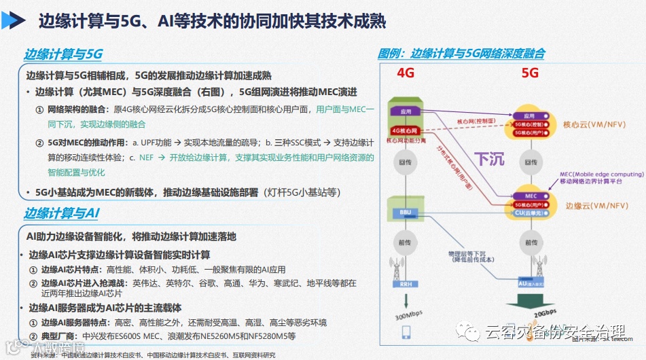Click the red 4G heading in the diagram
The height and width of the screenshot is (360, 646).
(x=406, y=73)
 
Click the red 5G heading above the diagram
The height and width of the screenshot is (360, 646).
(x=530, y=73)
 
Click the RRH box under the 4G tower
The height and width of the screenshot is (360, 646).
(x=406, y=285)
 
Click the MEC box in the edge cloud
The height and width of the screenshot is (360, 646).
(x=531, y=196)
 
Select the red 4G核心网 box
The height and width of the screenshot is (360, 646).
(x=404, y=130)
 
